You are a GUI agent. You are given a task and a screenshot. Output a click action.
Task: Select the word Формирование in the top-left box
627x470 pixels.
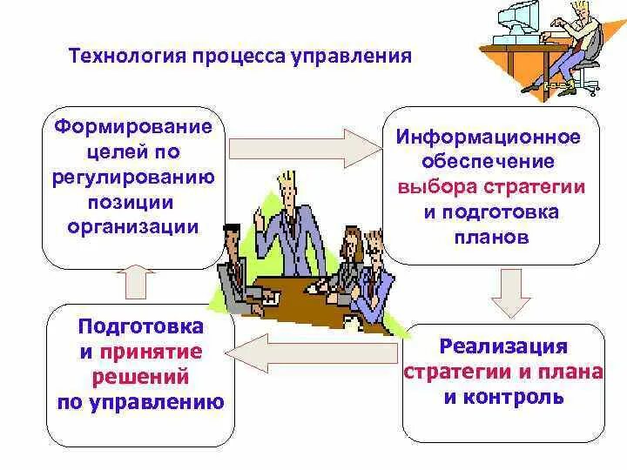[134, 127]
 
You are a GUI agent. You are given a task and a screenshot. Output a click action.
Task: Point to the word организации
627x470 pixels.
[133, 227]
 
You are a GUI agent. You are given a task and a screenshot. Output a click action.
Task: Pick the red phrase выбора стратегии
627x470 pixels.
[490, 187]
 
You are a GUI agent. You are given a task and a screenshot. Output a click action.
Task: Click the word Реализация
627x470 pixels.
[503, 347]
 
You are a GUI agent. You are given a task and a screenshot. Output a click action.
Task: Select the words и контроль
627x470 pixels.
[503, 398]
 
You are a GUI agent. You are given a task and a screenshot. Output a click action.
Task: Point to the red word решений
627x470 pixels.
[140, 377]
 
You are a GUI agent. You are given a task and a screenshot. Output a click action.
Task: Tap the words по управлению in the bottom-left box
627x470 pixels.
[140, 402]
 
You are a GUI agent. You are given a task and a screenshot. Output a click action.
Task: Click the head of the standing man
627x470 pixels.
[287, 186]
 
